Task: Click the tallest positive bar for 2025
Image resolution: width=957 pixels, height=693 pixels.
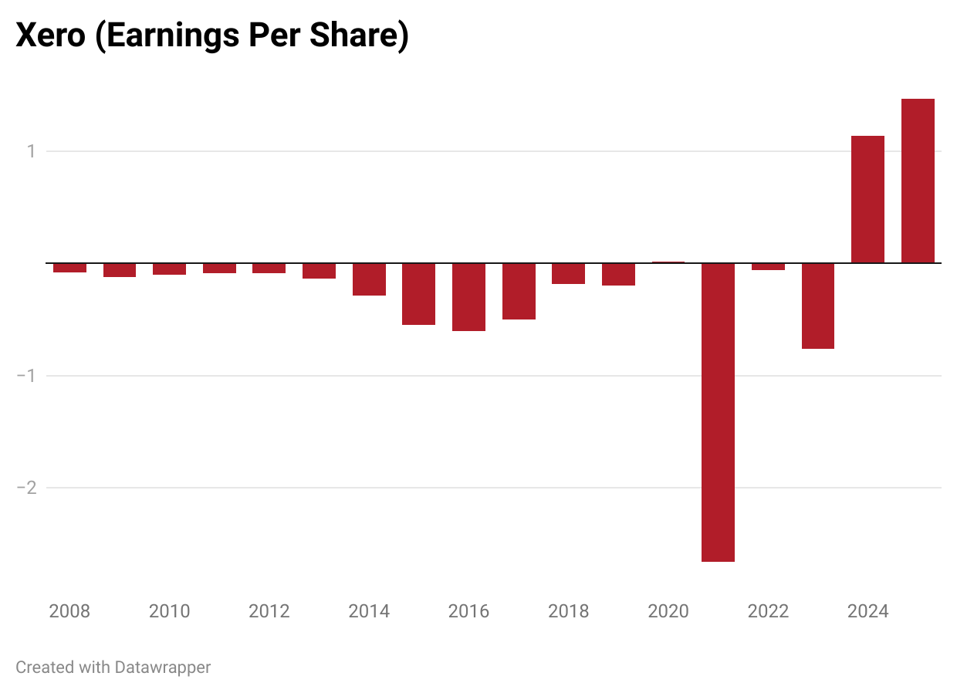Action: click(918, 181)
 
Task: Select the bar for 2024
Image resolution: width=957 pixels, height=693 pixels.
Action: click(867, 199)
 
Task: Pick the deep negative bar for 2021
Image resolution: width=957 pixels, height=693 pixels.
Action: click(718, 412)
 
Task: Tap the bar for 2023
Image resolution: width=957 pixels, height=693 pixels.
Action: click(817, 306)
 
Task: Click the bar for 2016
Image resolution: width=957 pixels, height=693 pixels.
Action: click(468, 297)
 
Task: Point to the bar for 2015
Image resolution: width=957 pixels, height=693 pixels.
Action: click(418, 294)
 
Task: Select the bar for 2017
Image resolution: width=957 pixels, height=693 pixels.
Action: click(519, 291)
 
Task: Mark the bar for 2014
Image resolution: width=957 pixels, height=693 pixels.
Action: click(369, 279)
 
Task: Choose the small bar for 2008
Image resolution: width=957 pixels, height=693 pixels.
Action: click(69, 268)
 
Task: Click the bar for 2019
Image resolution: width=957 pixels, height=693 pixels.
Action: click(618, 274)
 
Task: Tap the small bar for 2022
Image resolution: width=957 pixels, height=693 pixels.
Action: click(768, 266)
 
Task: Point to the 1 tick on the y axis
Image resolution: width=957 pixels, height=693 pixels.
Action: click(31, 151)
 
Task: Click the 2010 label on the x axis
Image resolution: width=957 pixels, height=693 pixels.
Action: click(169, 612)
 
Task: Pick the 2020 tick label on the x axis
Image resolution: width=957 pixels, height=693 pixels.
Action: click(668, 612)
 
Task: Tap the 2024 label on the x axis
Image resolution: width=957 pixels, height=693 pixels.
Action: click(867, 612)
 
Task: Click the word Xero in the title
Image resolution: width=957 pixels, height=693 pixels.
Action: click(50, 36)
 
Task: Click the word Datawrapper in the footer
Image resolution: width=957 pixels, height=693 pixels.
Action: click(162, 667)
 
